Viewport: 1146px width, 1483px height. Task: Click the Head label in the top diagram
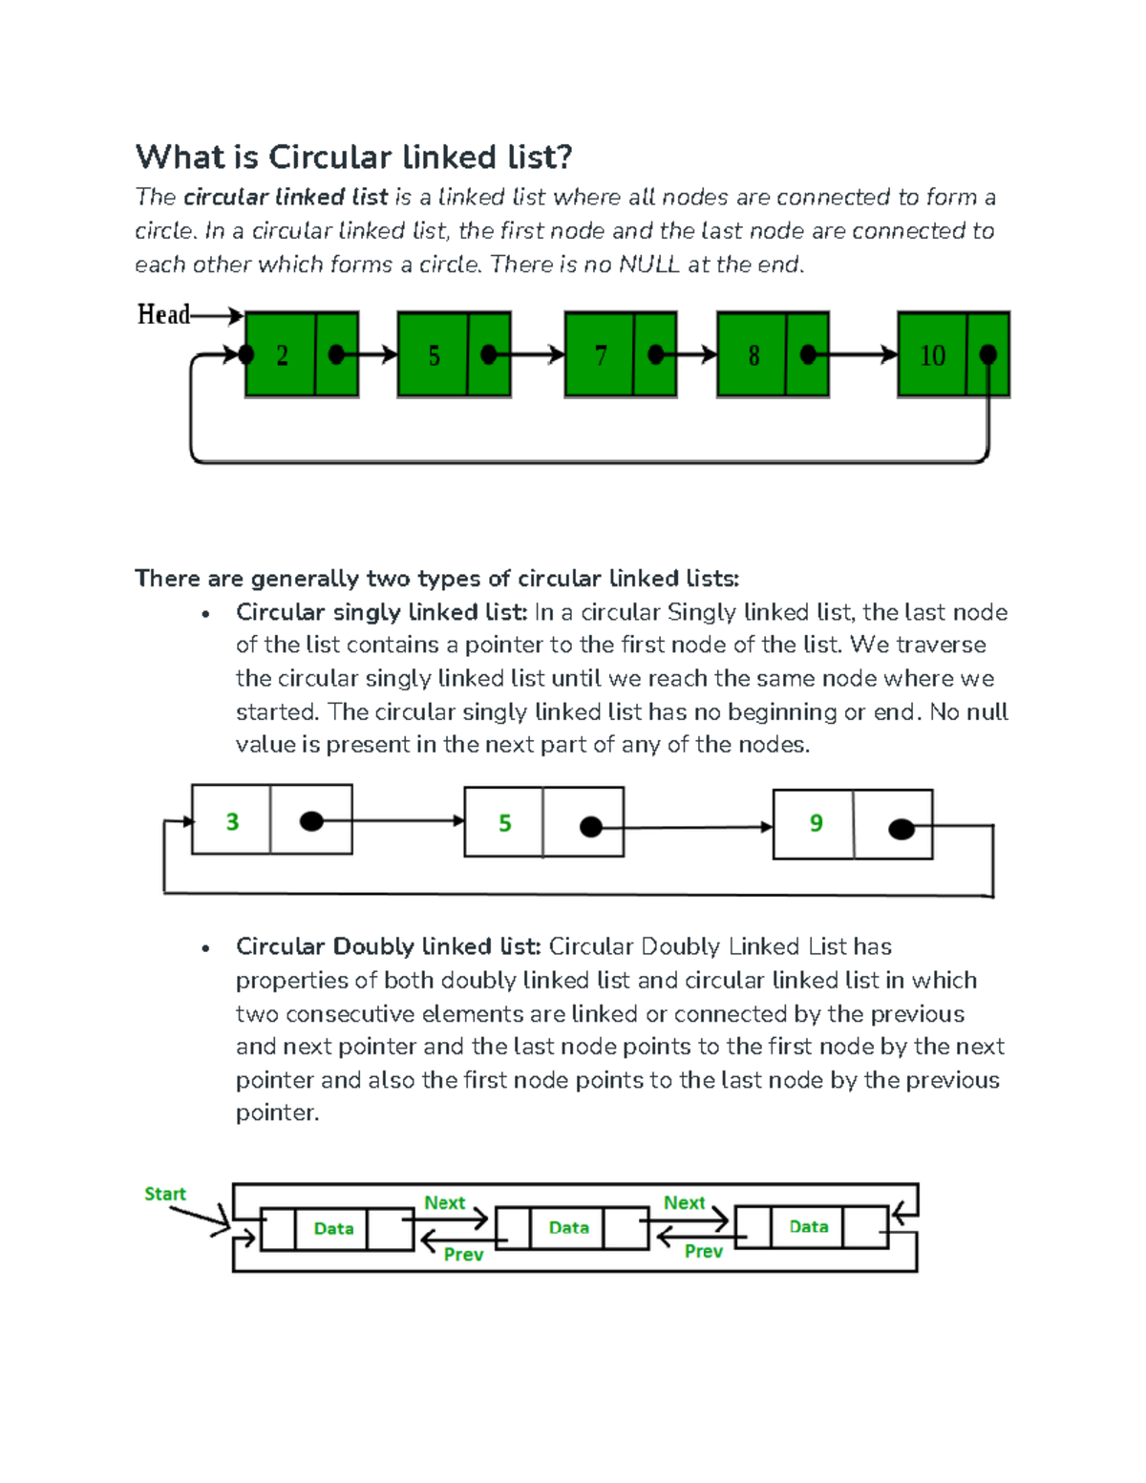pos(163,314)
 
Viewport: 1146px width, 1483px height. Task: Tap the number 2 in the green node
pos(282,356)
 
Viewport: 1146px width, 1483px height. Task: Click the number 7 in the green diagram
pos(601,356)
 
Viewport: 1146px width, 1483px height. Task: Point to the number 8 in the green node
pos(753,356)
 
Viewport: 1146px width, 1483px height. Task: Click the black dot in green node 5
pos(489,355)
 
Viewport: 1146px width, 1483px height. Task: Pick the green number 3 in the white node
pos(232,821)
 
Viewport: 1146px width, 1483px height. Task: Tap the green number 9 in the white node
pos(816,823)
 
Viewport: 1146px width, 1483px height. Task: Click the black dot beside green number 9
pos(902,829)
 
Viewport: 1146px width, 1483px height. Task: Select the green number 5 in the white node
pos(505,823)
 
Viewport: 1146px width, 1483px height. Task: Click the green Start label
pos(165,1194)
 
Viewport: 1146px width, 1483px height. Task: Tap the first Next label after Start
pos(444,1202)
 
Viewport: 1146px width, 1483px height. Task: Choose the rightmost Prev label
pos(703,1251)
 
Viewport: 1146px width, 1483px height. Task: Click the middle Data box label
pos(569,1228)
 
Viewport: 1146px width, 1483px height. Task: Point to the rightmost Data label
pos(809,1227)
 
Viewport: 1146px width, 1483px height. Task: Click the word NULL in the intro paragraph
pos(648,265)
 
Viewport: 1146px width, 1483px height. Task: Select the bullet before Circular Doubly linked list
pos(205,948)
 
